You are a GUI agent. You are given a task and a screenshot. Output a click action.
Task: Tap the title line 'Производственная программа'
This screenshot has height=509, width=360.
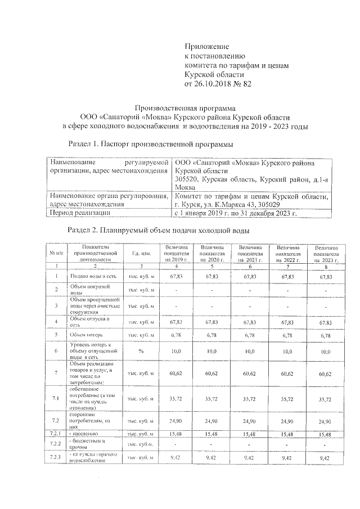tap(181, 107)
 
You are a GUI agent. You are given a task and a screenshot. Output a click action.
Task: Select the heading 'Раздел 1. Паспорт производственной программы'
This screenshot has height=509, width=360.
tap(150, 143)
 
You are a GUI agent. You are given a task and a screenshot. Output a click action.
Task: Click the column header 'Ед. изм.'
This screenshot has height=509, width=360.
tap(139, 254)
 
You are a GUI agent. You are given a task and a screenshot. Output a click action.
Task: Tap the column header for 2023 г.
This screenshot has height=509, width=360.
tap(326, 254)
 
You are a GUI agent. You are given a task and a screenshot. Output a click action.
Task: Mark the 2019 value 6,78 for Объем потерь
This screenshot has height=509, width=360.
tap(176, 335)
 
